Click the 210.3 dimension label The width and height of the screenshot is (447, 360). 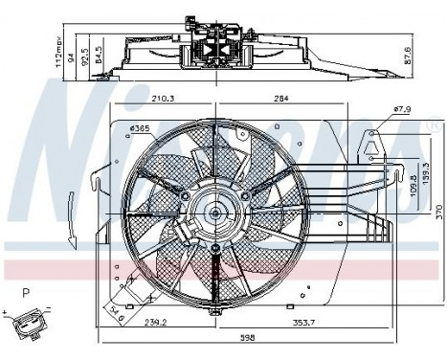click(161, 96)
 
